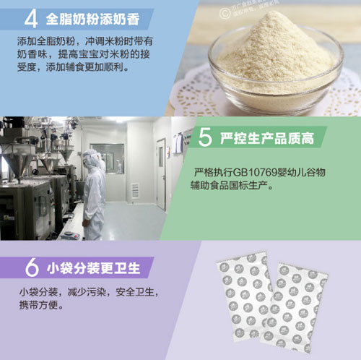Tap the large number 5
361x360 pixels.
(x=205, y=137)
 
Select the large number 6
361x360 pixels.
(x=31, y=267)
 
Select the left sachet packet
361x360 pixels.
(x=246, y=296)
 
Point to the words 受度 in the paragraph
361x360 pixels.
(x=27, y=68)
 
